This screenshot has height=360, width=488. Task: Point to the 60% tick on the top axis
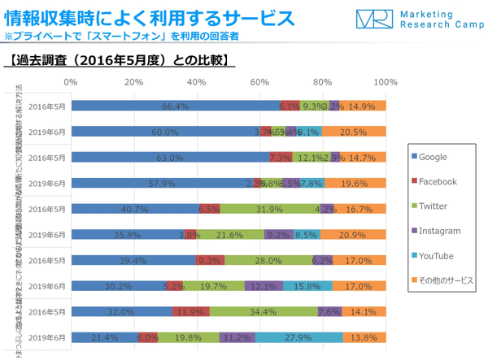click(x=259, y=82)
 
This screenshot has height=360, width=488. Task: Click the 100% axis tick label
click(x=386, y=82)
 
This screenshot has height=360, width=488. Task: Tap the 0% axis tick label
click(x=71, y=82)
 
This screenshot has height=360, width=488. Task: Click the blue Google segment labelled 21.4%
click(x=105, y=337)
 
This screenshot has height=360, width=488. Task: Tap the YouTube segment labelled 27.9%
click(x=298, y=337)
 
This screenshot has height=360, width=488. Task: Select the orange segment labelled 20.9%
click(x=352, y=235)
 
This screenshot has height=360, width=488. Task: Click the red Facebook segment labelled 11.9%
click(x=191, y=311)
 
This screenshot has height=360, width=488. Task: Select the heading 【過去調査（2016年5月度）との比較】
click(x=120, y=60)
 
